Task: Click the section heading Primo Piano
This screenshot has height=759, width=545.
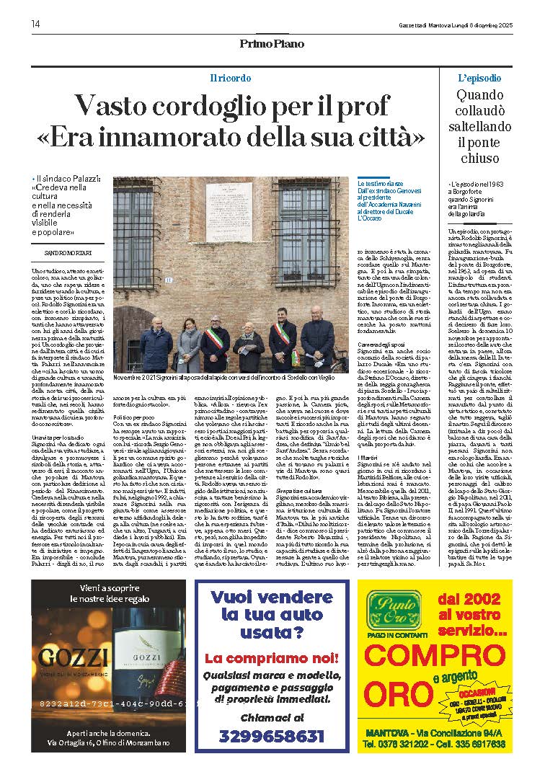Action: (272, 44)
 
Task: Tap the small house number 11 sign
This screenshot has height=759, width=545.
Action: (168, 279)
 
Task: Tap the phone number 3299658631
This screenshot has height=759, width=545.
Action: (272, 736)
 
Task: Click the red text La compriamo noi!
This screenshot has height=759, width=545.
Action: (271, 659)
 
